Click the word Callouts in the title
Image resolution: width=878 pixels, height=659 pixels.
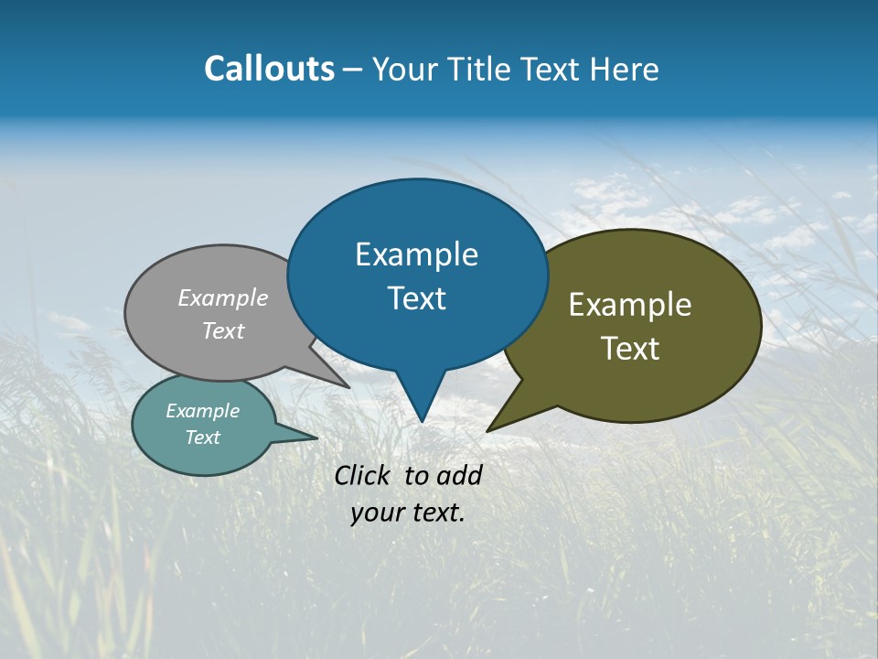(269, 69)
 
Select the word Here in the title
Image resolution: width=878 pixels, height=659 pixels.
(624, 69)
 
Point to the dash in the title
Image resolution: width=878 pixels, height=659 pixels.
(353, 70)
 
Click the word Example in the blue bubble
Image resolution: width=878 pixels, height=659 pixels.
(417, 254)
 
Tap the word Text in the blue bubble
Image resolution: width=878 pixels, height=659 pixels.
(417, 298)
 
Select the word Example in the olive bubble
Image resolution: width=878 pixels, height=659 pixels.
(630, 304)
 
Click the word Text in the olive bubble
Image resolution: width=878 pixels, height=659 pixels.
(630, 349)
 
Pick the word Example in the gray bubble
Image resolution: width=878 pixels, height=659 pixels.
(223, 297)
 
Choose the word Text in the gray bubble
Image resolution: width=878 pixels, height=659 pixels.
(223, 330)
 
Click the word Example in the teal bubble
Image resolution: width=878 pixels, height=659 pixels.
(202, 411)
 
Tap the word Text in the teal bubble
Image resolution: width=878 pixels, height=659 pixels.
(202, 438)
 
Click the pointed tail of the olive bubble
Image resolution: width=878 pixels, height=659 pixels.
(491, 427)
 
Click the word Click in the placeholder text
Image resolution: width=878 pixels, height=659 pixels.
(364, 475)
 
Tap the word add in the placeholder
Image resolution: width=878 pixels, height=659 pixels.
(458, 475)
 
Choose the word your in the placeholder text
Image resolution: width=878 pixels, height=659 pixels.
(377, 513)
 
